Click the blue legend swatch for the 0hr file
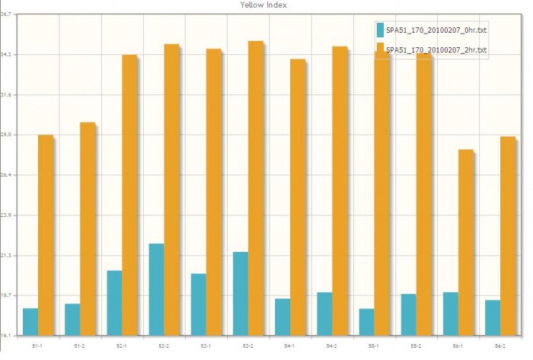click(380, 30)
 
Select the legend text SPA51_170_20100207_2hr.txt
click(436, 50)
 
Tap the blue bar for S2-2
click(156, 289)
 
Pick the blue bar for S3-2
click(240, 293)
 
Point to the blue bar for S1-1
click(30, 321)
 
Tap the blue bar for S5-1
click(366, 321)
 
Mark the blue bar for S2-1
click(114, 302)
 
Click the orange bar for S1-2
click(88, 228)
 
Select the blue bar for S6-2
click(493, 317)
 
